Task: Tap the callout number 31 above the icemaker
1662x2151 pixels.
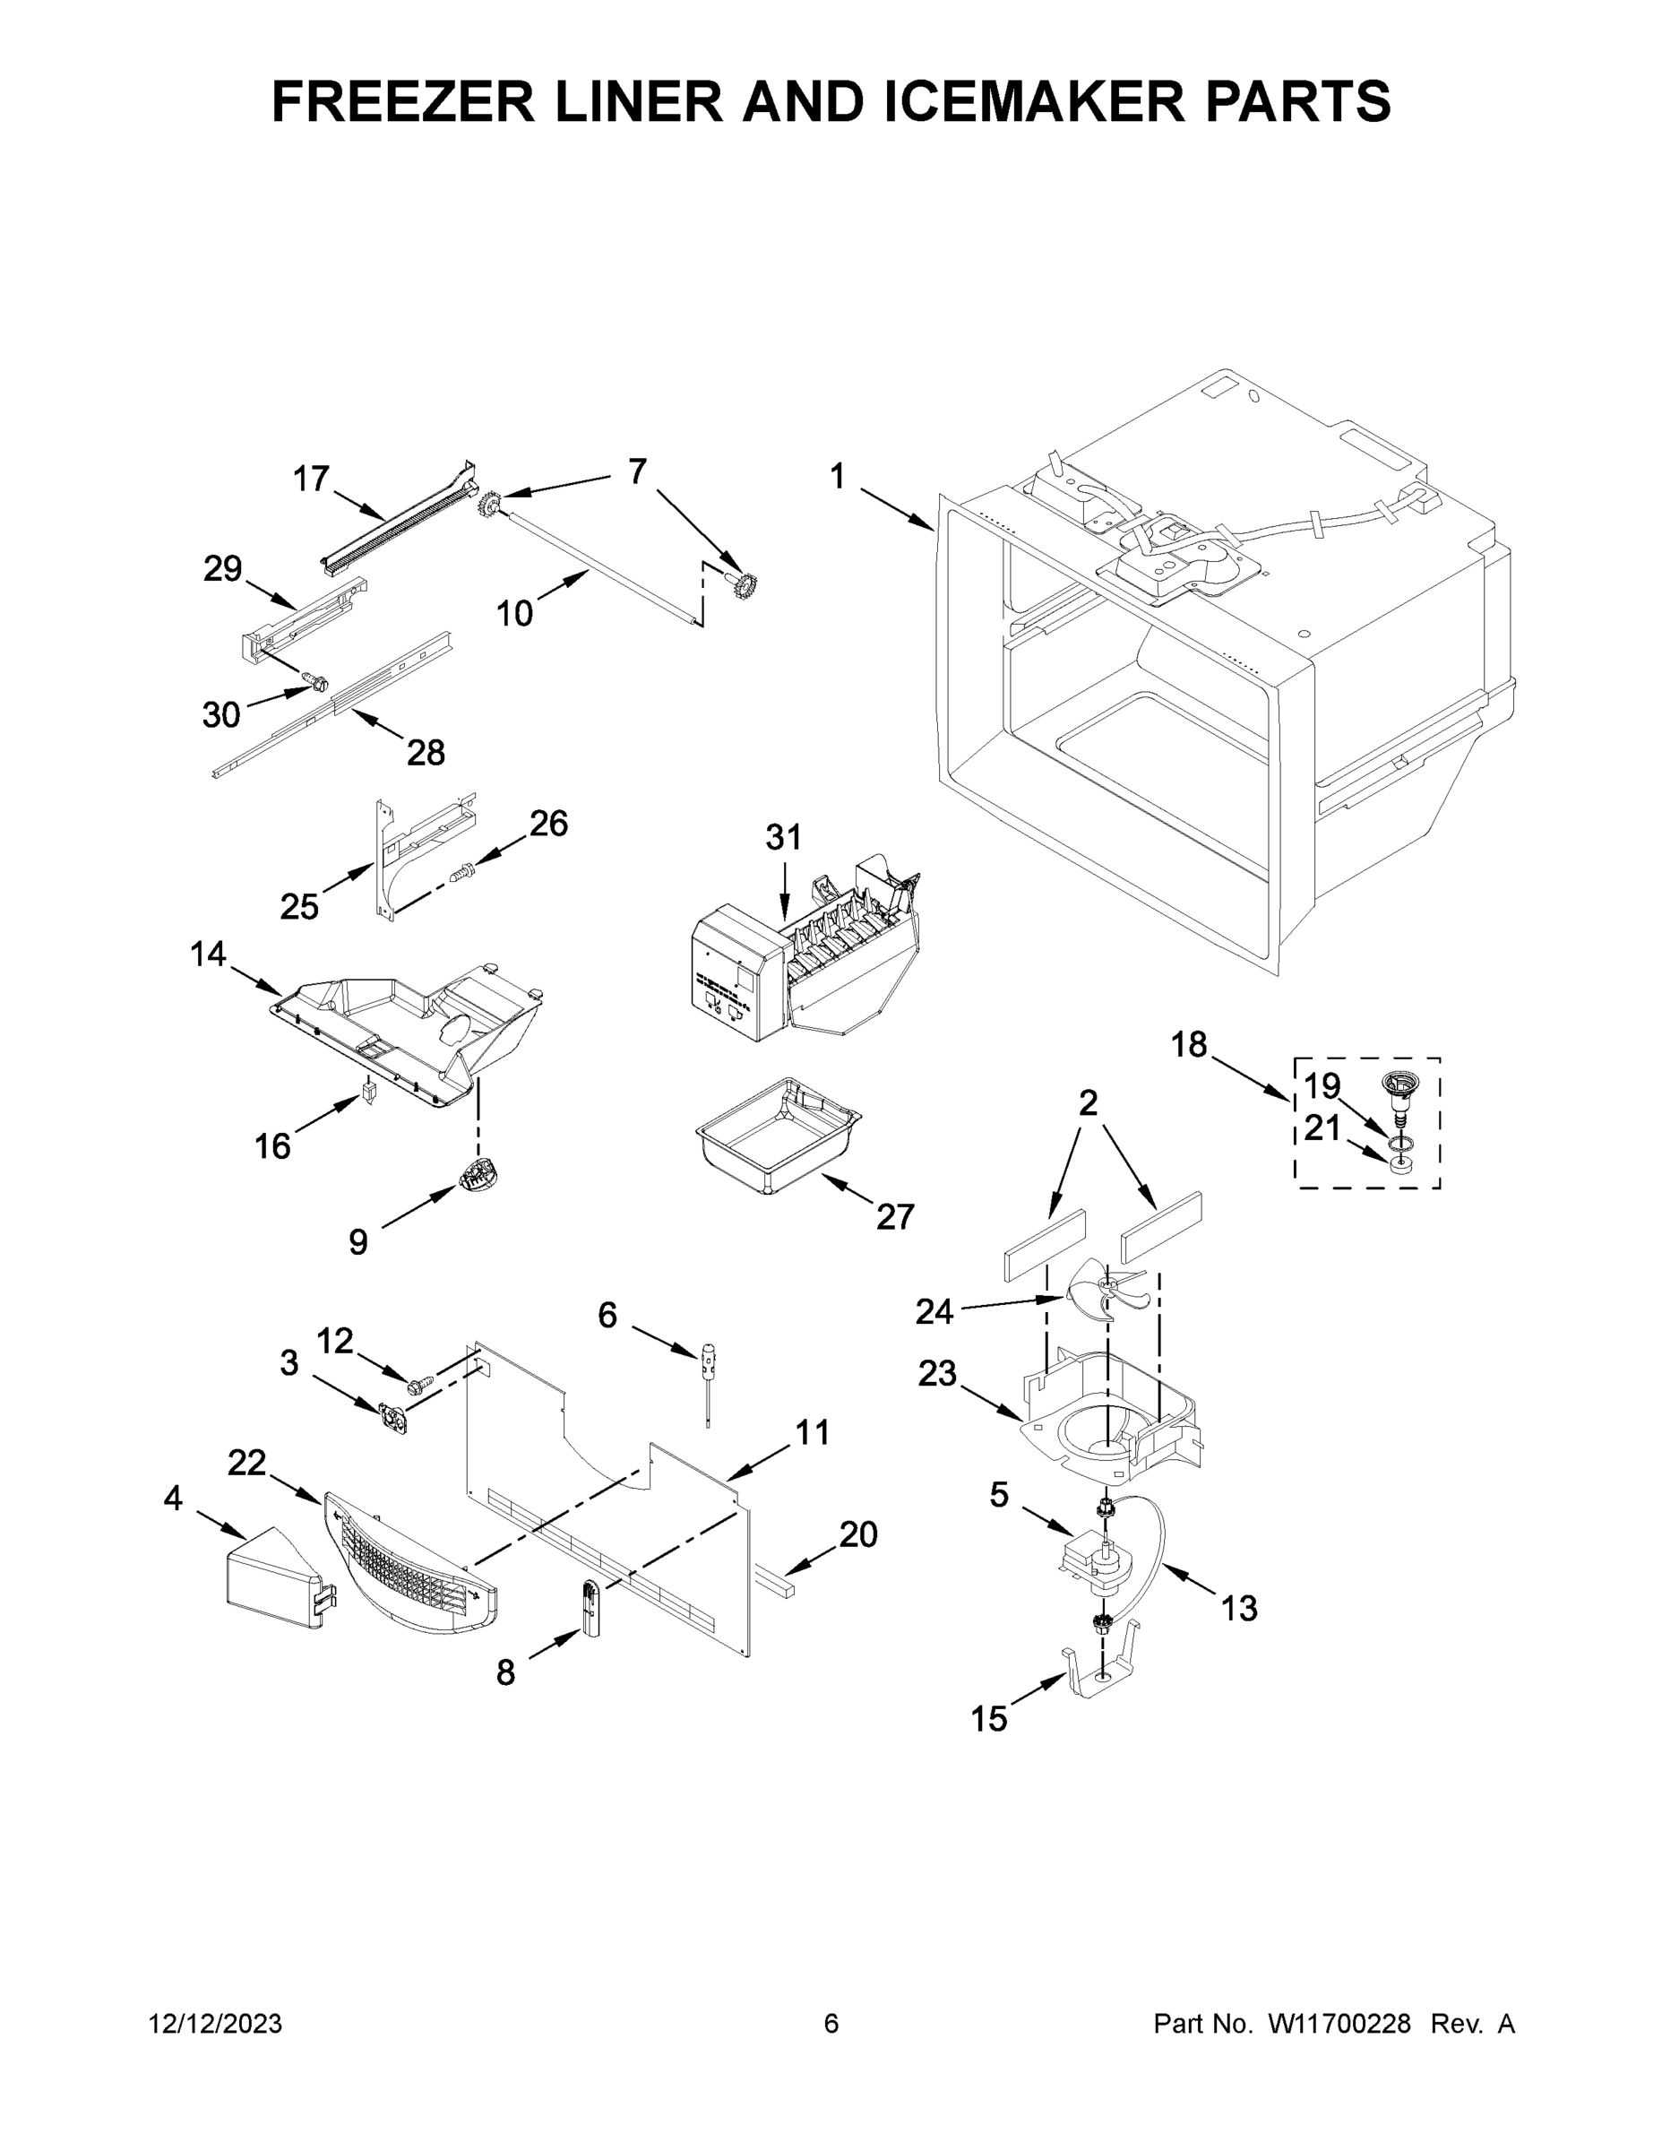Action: click(784, 838)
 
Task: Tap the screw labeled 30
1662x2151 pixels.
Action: click(315, 679)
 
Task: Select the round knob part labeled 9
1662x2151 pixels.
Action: click(478, 1175)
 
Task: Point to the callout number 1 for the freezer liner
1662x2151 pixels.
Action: click(837, 478)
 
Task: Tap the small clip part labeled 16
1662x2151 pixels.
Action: click(369, 1093)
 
